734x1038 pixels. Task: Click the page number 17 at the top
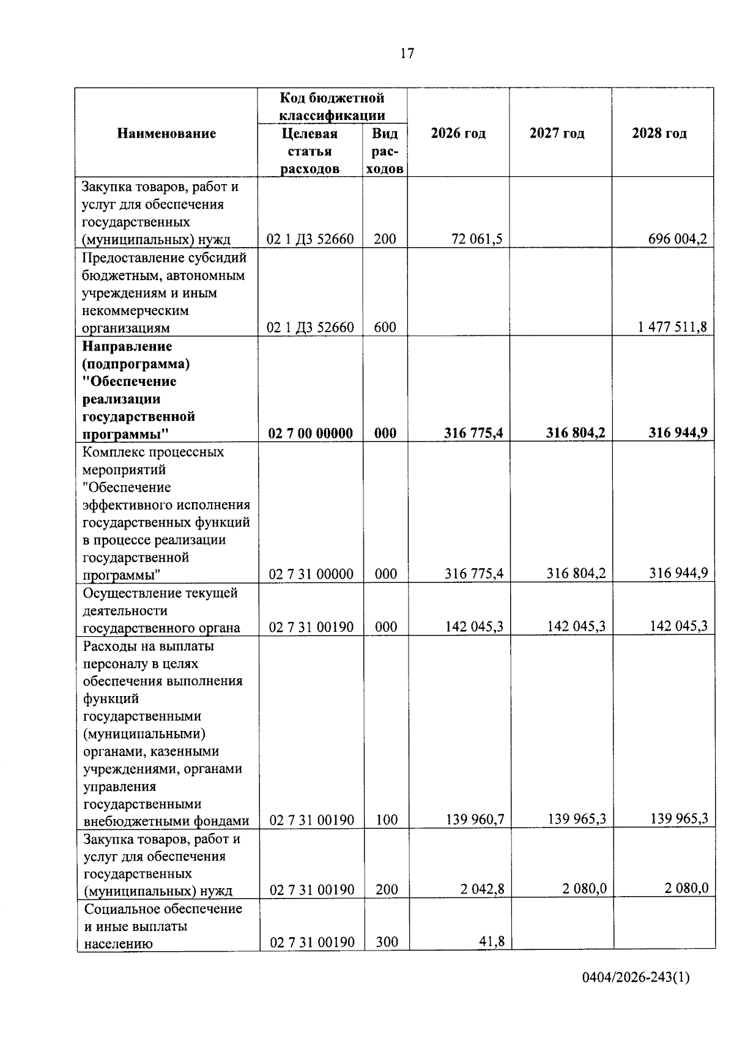(x=407, y=54)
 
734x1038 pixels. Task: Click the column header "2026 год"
(x=458, y=133)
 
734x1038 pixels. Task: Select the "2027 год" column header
(x=557, y=133)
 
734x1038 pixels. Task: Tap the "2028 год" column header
(x=659, y=133)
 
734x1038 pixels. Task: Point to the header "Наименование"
(x=166, y=133)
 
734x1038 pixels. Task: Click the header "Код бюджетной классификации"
(x=332, y=106)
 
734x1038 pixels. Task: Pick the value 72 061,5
(x=477, y=239)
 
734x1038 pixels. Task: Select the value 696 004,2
(x=677, y=239)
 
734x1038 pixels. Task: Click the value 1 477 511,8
(x=672, y=327)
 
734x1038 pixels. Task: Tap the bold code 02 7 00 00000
(x=311, y=434)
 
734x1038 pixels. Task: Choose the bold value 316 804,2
(x=576, y=433)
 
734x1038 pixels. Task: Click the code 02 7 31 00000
(x=311, y=574)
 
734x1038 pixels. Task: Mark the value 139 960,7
(x=475, y=819)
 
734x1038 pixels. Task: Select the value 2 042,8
(x=483, y=889)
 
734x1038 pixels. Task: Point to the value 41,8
(x=492, y=941)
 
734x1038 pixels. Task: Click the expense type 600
(x=385, y=327)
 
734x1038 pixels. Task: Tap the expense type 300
(x=387, y=942)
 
